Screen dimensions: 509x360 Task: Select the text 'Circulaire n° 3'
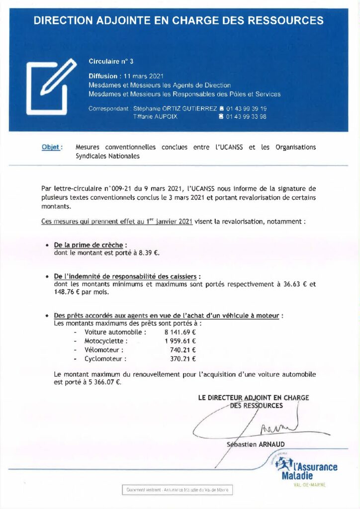pyautogui.click(x=111, y=62)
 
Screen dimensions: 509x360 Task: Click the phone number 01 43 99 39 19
pyautogui.click(x=246, y=108)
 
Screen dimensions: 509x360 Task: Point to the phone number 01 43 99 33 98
pyautogui.click(x=246, y=117)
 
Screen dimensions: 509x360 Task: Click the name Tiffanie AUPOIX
pyautogui.click(x=155, y=117)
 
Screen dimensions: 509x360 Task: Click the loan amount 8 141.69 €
pyautogui.click(x=180, y=332)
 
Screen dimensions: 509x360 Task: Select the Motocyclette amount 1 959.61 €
pyautogui.click(x=180, y=341)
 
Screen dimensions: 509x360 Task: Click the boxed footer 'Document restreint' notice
pyautogui.click(x=177, y=490)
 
